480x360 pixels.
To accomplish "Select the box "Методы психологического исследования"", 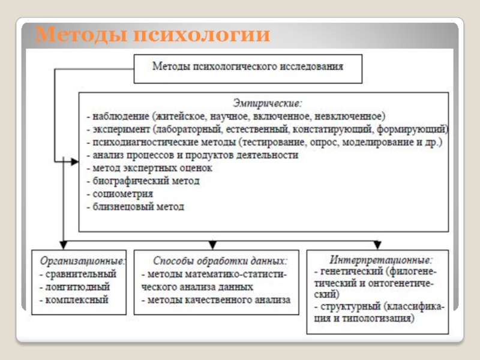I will click(x=247, y=68).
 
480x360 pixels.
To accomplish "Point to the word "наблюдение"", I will click(x=119, y=115).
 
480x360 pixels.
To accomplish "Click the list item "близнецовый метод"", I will click(x=139, y=207).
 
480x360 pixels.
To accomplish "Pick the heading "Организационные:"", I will click(x=83, y=261).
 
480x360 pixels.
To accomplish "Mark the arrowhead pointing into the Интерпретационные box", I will click(x=377, y=245).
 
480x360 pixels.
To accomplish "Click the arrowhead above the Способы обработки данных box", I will click(x=212, y=245).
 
